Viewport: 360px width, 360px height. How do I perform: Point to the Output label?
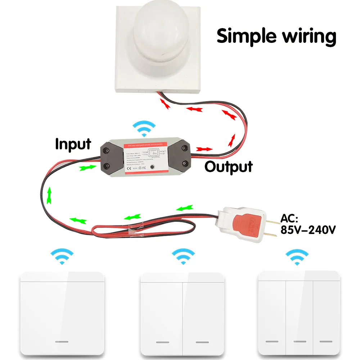(x=229, y=167)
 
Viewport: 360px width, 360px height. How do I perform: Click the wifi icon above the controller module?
(x=144, y=129)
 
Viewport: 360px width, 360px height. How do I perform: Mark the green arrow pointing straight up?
(x=49, y=196)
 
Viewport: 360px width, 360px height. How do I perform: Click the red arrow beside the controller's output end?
(x=204, y=149)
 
